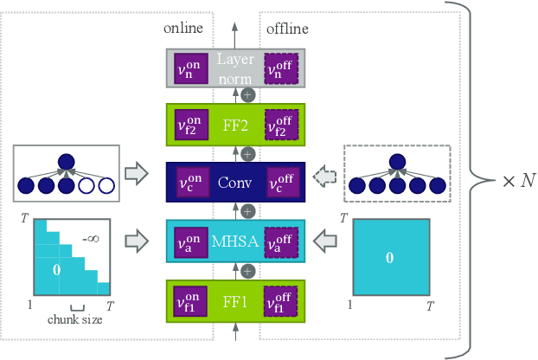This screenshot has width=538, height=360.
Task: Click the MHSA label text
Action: coord(235,241)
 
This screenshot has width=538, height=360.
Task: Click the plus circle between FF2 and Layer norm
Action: coord(248,95)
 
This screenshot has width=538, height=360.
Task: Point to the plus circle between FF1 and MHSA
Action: coord(248,271)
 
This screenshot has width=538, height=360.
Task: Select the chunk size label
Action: coord(75,320)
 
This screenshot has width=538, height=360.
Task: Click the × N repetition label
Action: coord(516,181)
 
